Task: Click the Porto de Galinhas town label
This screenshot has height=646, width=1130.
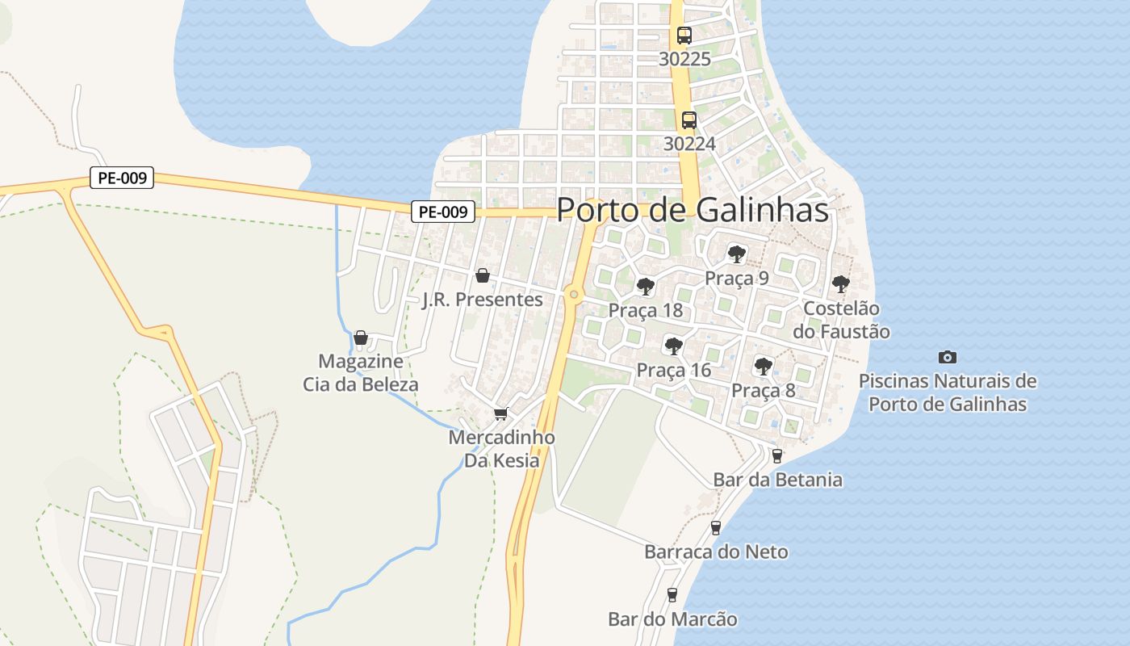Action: click(693, 210)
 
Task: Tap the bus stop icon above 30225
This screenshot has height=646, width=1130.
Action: click(684, 36)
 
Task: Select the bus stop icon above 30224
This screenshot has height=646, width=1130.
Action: click(689, 120)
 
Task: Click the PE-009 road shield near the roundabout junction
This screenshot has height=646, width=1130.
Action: click(443, 212)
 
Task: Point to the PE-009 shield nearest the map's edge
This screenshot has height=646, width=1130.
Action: click(121, 178)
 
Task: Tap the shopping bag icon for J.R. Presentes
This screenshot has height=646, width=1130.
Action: click(483, 276)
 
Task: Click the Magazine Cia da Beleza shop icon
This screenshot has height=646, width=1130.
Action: click(361, 338)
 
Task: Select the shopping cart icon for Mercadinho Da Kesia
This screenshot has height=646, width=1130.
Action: click(500, 414)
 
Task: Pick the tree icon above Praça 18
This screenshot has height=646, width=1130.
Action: click(645, 286)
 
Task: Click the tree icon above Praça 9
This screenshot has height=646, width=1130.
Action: click(736, 254)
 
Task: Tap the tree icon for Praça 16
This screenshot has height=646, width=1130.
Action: click(673, 346)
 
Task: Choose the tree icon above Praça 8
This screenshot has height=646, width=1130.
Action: click(763, 367)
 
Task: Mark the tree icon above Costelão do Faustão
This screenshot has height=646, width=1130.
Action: click(840, 284)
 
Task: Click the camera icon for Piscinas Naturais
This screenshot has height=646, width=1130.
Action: click(948, 357)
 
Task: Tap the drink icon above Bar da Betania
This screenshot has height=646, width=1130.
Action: click(777, 456)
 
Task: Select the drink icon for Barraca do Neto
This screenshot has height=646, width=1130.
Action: click(715, 528)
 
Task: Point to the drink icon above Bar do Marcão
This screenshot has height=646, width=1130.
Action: click(672, 595)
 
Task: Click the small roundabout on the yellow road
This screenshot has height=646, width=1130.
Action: click(574, 294)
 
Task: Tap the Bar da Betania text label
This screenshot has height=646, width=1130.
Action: click(777, 480)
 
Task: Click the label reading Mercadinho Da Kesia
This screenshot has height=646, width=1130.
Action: click(501, 449)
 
